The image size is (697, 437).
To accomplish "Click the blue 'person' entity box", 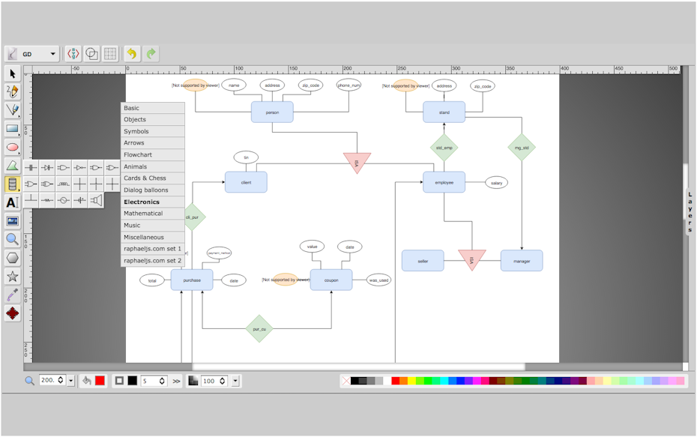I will (272, 112).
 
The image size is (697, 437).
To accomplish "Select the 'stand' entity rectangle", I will (444, 112).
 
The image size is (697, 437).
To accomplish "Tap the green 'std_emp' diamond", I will (444, 148).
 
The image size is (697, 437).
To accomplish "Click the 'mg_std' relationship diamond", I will (522, 148).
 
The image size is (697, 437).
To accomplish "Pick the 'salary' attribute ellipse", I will (496, 183).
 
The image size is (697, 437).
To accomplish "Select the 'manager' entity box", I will (522, 260).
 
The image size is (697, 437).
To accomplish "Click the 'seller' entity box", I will (423, 260).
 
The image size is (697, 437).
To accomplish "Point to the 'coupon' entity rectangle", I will (331, 280).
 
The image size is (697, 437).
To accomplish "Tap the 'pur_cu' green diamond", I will (260, 328).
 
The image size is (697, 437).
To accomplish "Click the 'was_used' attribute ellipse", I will (378, 280).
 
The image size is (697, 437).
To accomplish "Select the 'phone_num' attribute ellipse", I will (348, 85).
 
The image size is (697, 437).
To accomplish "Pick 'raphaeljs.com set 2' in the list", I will (153, 261).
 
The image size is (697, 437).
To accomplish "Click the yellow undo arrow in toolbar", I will (132, 54).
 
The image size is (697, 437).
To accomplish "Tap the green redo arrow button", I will (151, 54).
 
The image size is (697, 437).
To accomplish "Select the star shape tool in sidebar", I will (12, 277).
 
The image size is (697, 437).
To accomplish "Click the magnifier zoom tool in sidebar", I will (12, 239).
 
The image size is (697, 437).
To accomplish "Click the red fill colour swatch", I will (100, 381).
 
